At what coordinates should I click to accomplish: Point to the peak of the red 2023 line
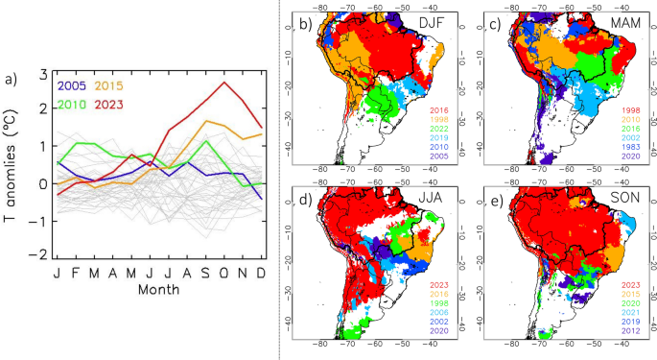click(x=224, y=83)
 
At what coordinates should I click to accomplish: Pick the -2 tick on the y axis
click(x=39, y=255)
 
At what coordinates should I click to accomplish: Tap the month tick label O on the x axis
click(x=224, y=274)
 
